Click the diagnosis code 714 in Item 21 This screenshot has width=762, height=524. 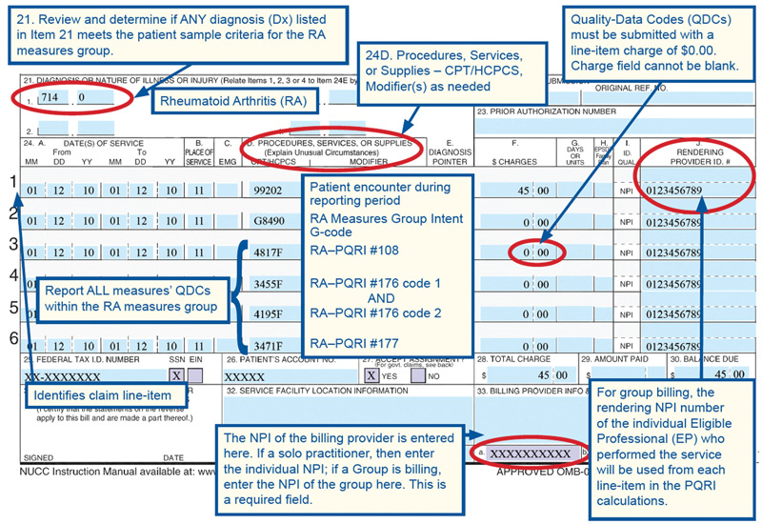coord(50,97)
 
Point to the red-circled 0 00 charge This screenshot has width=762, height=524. coord(532,253)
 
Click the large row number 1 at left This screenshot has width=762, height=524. coord(11,181)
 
